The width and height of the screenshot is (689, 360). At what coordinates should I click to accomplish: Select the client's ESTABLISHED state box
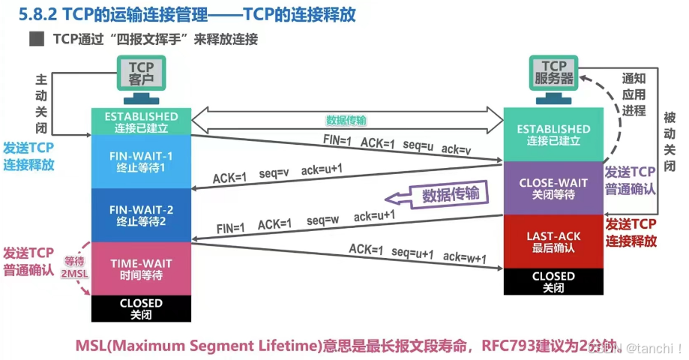coord(141,121)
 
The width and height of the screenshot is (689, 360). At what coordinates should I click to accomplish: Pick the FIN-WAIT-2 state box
coord(141,214)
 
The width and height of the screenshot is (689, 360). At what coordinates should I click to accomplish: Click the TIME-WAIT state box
coord(141,269)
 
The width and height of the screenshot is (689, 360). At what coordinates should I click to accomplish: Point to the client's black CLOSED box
coord(141,308)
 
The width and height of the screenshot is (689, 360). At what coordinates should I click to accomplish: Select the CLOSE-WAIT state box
coord(553,187)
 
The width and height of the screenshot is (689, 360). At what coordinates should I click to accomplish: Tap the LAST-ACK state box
coord(553,241)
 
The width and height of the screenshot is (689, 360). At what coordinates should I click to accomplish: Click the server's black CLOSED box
coord(553,281)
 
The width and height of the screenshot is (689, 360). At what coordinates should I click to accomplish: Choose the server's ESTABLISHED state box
coord(553,134)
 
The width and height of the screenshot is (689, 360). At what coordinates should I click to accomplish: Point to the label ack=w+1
coord(465,258)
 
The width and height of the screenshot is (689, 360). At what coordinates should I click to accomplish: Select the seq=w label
coord(323,220)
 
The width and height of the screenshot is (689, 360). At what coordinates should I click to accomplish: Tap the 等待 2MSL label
coord(75,268)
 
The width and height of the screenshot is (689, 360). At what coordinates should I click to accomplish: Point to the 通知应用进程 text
coord(634,94)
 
